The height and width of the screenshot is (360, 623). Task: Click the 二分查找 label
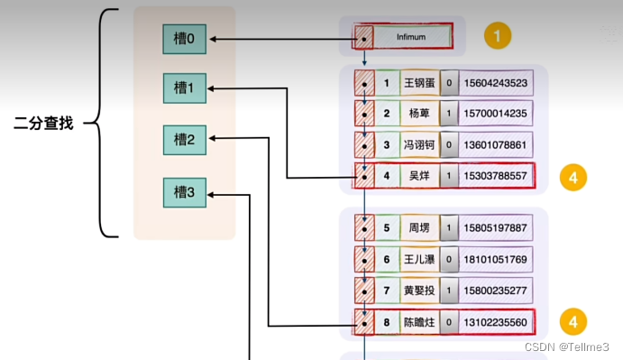point(43,123)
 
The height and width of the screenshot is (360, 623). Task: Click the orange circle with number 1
point(497,37)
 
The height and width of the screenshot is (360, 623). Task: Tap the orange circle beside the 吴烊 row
point(573,177)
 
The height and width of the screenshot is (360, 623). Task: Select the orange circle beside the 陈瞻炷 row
point(573,320)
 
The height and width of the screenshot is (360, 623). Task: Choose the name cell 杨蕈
point(419,115)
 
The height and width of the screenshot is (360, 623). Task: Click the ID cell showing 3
point(387,145)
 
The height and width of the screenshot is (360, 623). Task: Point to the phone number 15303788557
point(495,176)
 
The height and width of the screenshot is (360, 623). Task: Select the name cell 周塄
point(419,227)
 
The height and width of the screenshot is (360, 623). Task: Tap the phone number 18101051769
point(495,260)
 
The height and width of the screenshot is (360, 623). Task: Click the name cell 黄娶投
point(419,291)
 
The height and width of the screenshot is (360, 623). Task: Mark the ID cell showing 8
point(387,321)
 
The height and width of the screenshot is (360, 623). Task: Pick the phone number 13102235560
point(495,321)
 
